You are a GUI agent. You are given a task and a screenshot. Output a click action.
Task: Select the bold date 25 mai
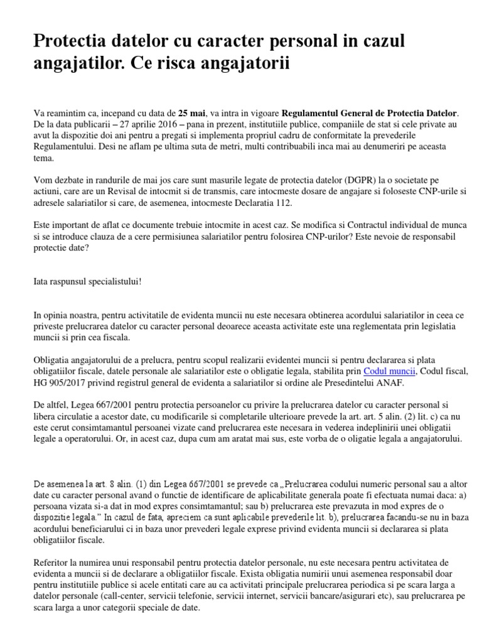point(191,113)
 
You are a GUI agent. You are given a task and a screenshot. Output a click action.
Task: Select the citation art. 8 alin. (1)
point(105,484)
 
